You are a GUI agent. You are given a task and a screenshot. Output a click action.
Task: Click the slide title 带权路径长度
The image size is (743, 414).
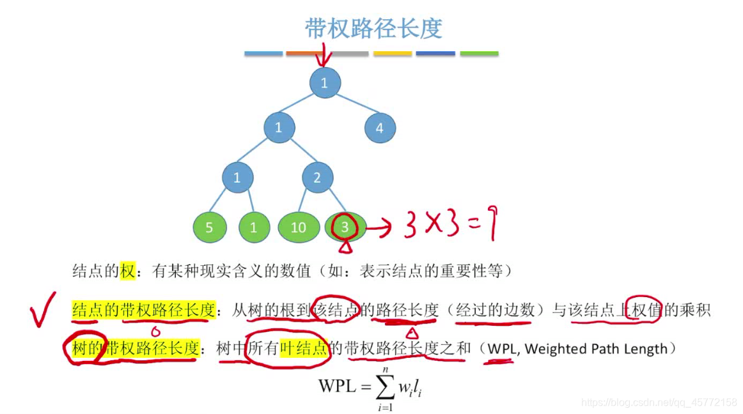[373, 29]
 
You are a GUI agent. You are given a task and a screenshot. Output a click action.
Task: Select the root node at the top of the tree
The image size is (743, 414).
[325, 82]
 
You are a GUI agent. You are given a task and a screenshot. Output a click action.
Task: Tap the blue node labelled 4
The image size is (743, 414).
[380, 128]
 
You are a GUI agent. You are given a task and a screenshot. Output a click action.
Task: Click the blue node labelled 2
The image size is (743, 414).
[317, 178]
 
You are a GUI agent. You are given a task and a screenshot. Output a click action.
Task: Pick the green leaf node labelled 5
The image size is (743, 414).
[210, 227]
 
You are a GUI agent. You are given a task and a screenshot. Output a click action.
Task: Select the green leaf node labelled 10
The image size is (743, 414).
[299, 227]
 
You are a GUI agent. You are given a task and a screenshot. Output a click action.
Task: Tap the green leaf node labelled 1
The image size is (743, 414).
[254, 227]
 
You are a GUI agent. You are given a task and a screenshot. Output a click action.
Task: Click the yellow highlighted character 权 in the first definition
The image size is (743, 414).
[128, 272]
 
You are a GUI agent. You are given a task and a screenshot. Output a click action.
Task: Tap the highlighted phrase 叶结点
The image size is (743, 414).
[304, 348]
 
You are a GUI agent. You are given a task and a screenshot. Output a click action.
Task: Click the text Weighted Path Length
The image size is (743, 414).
[596, 349]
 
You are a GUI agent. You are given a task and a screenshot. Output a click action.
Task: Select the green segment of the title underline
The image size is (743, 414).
[479, 54]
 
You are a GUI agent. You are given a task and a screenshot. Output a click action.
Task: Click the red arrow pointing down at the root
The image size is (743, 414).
[324, 56]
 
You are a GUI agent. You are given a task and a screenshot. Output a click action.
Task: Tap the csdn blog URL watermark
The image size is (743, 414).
[659, 402]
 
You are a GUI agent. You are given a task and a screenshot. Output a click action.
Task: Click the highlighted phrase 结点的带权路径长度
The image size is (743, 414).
[143, 310]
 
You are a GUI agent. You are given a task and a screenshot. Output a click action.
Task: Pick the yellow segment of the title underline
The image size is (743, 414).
[393, 54]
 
